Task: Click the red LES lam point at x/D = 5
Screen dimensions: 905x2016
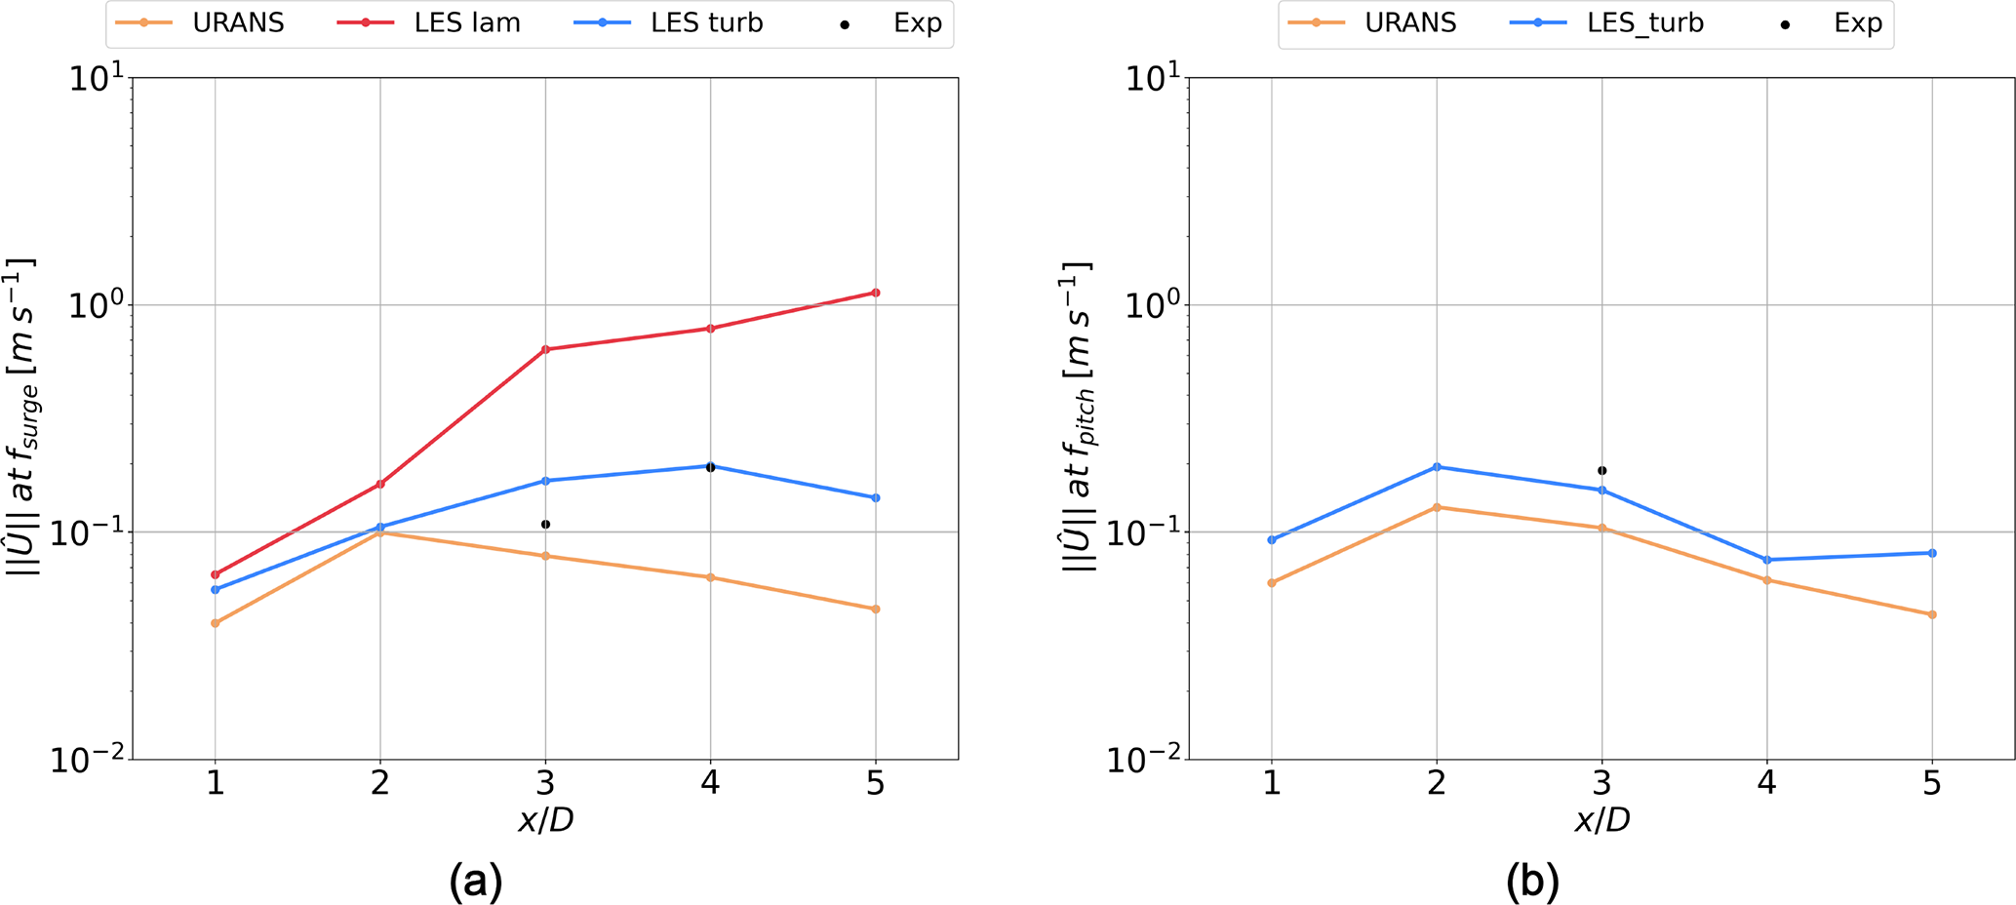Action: click(875, 293)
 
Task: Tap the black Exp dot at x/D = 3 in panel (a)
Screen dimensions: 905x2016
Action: click(545, 525)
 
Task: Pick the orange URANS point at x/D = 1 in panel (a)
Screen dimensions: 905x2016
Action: click(215, 622)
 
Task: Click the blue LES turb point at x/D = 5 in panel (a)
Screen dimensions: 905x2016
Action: click(875, 498)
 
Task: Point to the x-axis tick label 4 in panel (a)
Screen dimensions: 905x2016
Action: click(710, 783)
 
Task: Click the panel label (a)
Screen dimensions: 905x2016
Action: click(475, 881)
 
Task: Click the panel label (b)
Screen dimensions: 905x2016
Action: click(1532, 881)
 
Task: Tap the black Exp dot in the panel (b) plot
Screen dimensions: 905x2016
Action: click(1601, 471)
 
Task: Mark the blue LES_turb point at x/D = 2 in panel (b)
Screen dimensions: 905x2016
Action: click(1436, 467)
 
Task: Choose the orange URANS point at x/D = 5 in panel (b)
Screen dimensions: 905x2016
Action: click(1931, 614)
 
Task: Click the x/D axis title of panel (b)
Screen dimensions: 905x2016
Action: click(1601, 820)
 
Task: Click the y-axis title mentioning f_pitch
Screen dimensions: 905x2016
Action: click(1079, 416)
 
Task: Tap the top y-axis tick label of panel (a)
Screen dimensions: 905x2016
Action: click(95, 78)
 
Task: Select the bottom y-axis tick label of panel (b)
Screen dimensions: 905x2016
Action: click(1151, 760)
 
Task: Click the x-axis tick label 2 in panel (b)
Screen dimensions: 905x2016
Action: click(1436, 783)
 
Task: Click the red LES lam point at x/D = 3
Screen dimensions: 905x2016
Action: click(545, 349)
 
